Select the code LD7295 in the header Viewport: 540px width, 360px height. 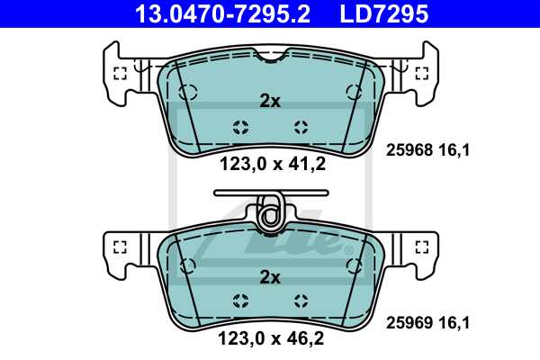coord(382,14)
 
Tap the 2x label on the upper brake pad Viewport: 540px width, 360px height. coord(270,102)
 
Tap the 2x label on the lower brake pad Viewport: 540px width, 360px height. coord(270,278)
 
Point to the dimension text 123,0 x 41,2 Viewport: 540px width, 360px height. coord(270,163)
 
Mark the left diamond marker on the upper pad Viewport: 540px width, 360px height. coord(240,127)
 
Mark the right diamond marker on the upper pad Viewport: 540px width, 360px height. coord(301,127)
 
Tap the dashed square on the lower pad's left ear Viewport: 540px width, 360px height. coord(119,246)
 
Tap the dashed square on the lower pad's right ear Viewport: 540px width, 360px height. coord(421,246)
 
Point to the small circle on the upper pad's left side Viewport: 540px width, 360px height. coord(186,90)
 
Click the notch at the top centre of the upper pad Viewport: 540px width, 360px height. coord(269,57)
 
